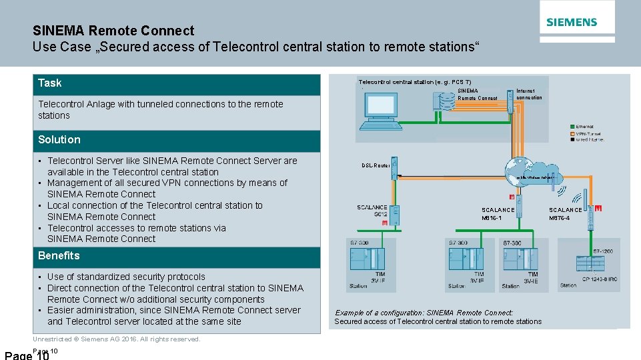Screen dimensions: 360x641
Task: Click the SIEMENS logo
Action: [x=572, y=22]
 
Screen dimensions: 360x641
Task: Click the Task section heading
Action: [x=49, y=83]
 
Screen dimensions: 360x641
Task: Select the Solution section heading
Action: [x=59, y=140]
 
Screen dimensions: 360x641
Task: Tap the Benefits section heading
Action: [x=59, y=256]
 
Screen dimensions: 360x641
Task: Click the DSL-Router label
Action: [x=376, y=165]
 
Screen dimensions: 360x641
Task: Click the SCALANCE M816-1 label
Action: [x=498, y=214]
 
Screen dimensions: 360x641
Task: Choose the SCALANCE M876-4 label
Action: [x=565, y=214]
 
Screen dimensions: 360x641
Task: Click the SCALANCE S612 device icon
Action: [x=395, y=215]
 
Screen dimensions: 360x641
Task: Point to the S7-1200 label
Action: [x=603, y=251]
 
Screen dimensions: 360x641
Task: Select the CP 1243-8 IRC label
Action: [x=603, y=278]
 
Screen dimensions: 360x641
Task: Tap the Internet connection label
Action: [x=529, y=94]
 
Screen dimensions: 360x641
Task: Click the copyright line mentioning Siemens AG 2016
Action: [x=117, y=339]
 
